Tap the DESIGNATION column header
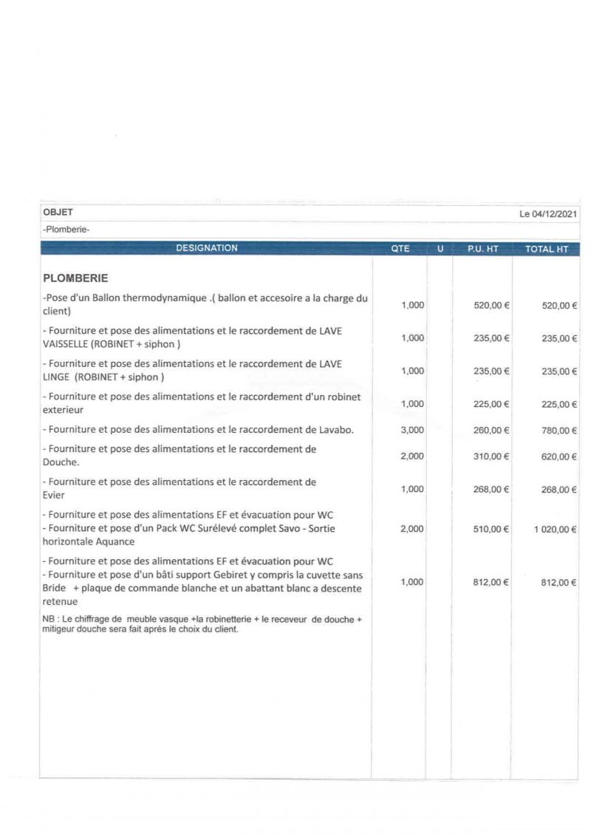point(207,249)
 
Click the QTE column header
point(400,249)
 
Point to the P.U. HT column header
point(483,249)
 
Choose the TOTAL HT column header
point(547,249)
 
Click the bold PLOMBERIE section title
point(76,278)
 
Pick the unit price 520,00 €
point(491,305)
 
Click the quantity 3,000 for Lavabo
point(412,430)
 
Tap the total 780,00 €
point(559,430)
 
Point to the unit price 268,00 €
point(491,489)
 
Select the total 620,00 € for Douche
point(559,456)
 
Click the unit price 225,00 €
point(491,404)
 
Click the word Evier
point(54,495)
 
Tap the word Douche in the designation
point(60,462)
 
